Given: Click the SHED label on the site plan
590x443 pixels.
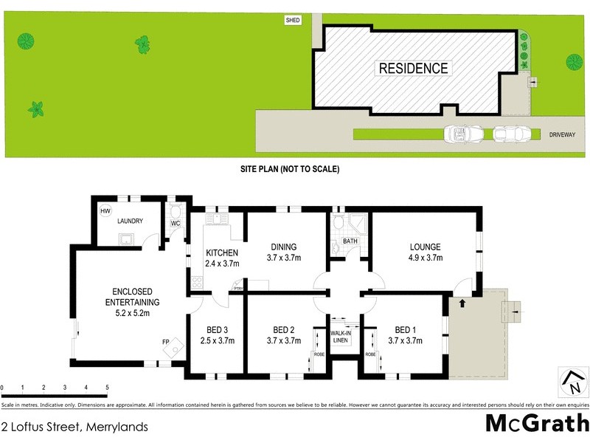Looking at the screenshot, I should pyautogui.click(x=294, y=21).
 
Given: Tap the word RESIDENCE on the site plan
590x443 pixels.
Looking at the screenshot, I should pyautogui.click(x=413, y=69).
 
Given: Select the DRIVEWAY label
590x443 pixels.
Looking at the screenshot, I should pyautogui.click(x=563, y=134).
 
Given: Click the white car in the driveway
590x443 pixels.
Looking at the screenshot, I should pyautogui.click(x=464, y=134).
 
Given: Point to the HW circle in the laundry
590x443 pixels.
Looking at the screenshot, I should pyautogui.click(x=105, y=210).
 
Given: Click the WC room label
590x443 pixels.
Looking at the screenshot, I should pyautogui.click(x=176, y=222).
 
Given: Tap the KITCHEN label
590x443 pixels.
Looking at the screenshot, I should pyautogui.click(x=222, y=253).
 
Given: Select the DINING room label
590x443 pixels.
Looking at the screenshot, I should pyautogui.click(x=283, y=247).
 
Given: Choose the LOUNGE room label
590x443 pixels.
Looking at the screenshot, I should pyautogui.click(x=426, y=247).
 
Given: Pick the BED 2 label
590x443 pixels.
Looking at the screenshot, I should pyautogui.click(x=283, y=329).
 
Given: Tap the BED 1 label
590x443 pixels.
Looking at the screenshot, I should pyautogui.click(x=405, y=329).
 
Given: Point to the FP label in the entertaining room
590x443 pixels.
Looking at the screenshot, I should pyautogui.click(x=165, y=342).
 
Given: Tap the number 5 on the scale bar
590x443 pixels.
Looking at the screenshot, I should pyautogui.click(x=107, y=387).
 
